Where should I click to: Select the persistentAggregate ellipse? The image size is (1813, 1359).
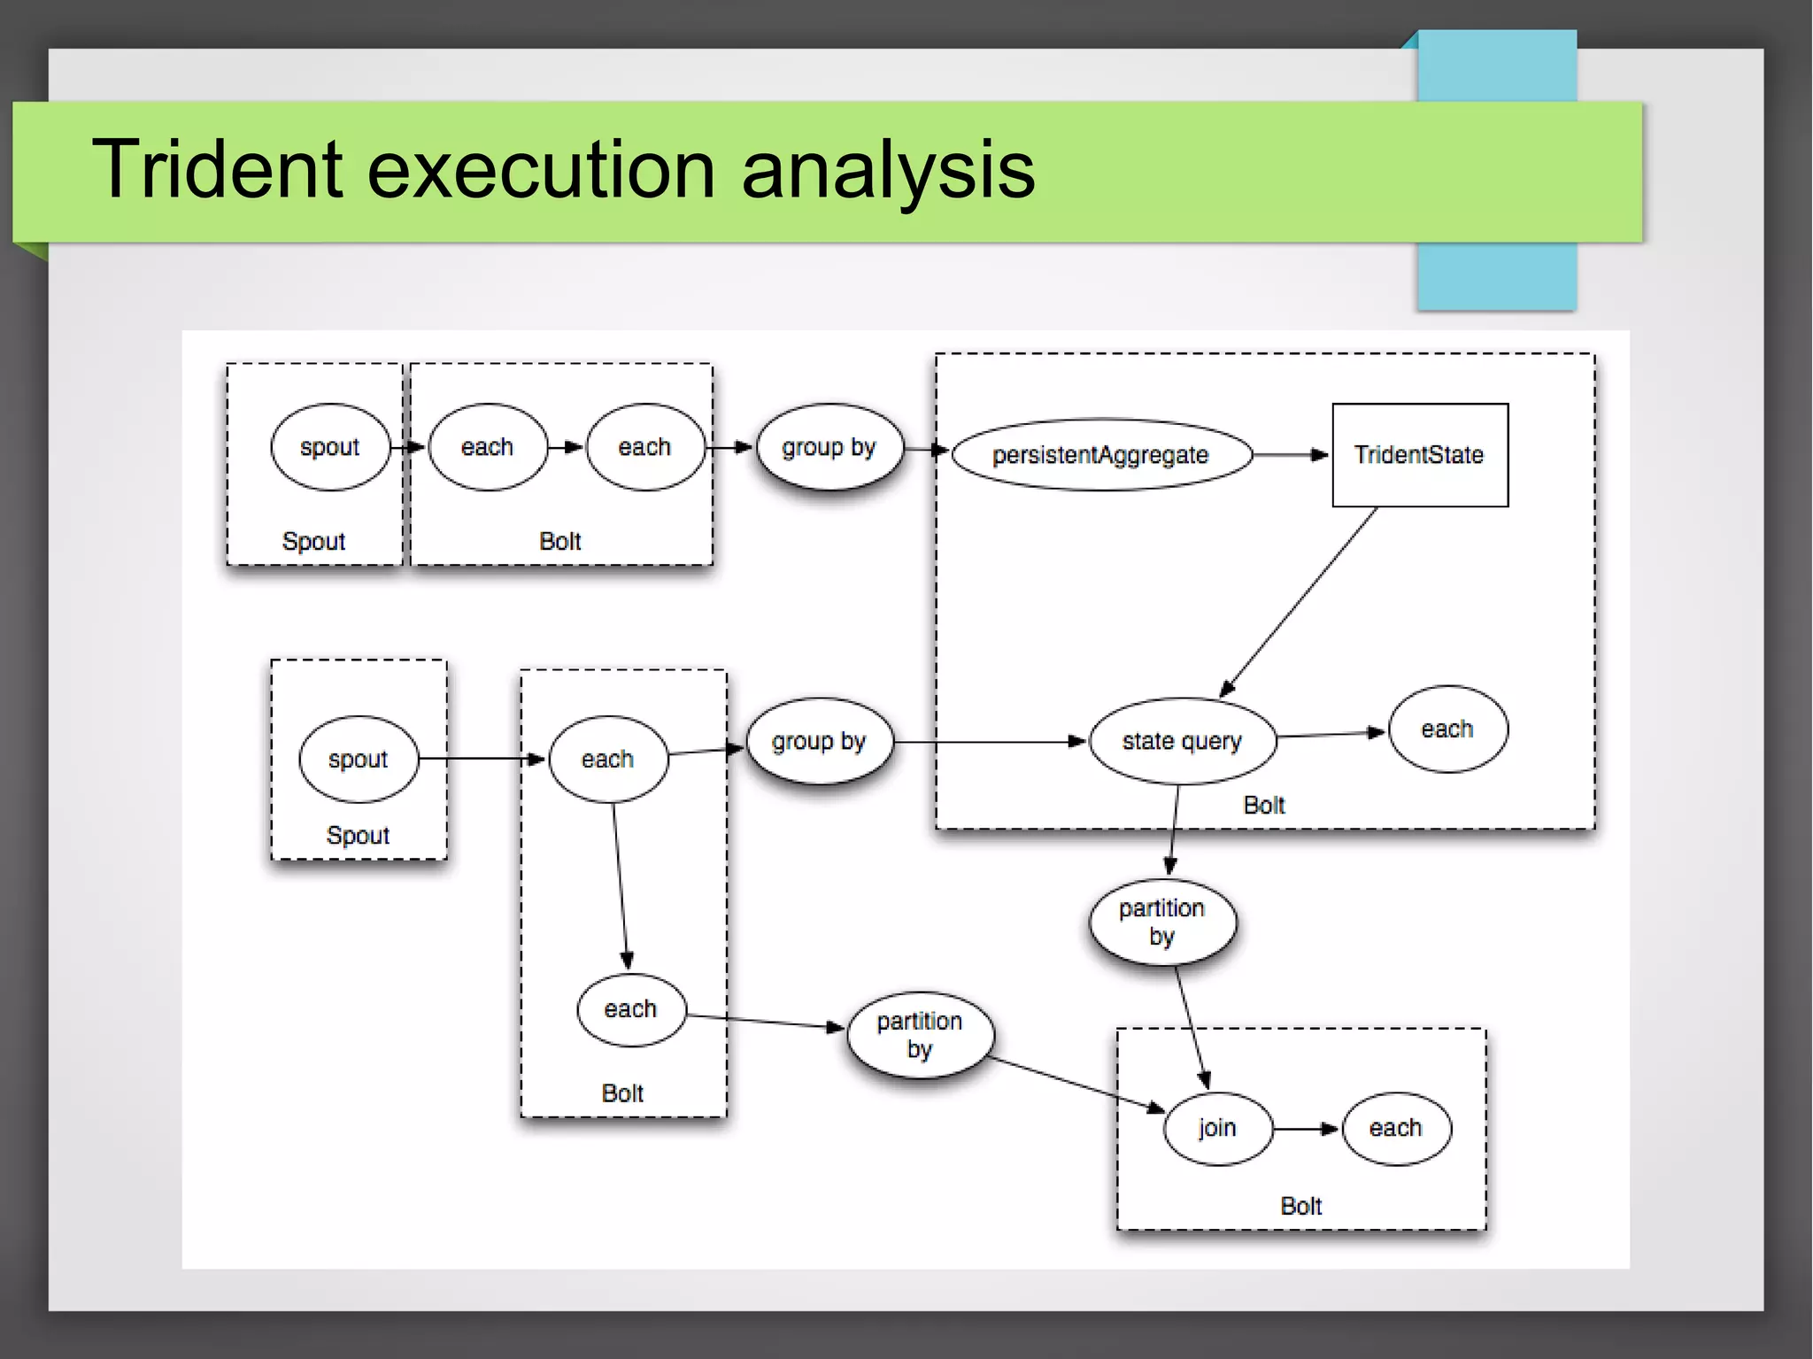(1100, 454)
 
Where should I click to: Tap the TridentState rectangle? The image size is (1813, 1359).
(1419, 454)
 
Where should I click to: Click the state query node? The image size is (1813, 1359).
(1182, 741)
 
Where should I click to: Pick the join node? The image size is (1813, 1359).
(1217, 1128)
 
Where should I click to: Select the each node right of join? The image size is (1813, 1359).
(1396, 1128)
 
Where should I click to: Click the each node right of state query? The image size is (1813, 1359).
(1447, 729)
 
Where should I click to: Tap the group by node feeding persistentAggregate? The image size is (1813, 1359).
(829, 447)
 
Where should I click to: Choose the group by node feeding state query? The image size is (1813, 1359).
(818, 741)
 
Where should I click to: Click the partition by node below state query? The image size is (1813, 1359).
(1161, 922)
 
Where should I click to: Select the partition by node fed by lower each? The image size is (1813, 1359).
(920, 1034)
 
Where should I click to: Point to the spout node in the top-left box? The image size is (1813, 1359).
(329, 447)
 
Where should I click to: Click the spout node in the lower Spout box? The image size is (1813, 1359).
(358, 759)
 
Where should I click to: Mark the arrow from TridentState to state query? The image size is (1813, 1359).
(1300, 602)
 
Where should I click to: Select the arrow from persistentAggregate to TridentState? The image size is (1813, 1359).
(1290, 454)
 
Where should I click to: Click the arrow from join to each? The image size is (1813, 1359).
(1306, 1129)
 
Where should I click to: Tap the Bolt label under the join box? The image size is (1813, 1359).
(1300, 1206)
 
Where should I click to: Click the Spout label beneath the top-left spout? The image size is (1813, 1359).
(313, 541)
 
